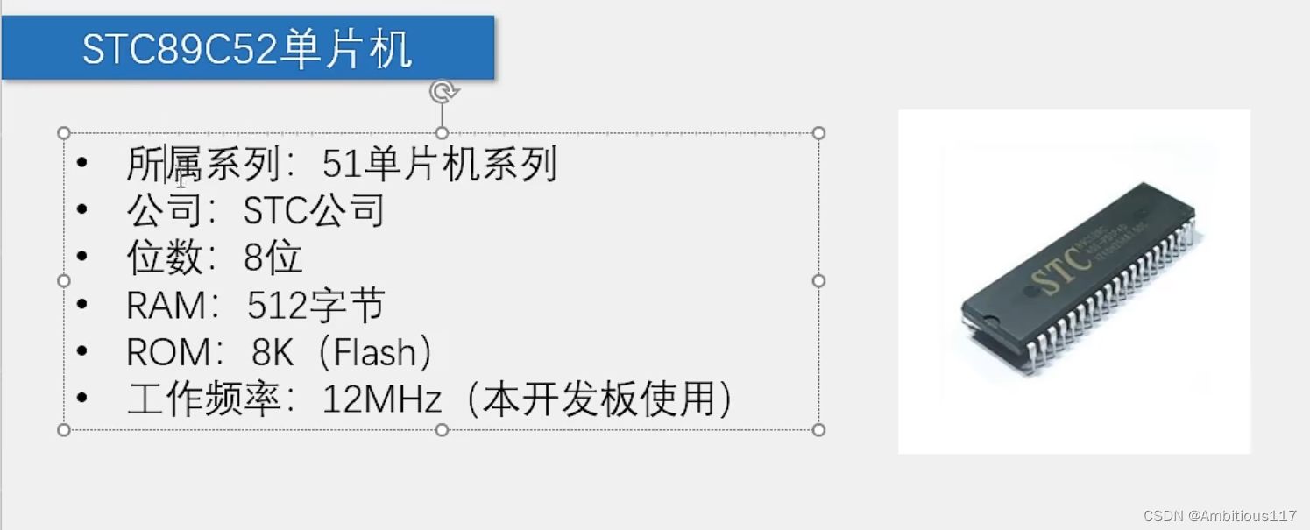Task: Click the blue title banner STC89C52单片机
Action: pyautogui.click(x=248, y=48)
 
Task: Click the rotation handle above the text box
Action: pyautogui.click(x=443, y=91)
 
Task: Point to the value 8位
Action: pyautogui.click(x=274, y=258)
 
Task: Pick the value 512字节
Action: pyautogui.click(x=315, y=306)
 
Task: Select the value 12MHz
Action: pyautogui.click(x=382, y=399)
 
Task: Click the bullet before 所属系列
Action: pyautogui.click(x=82, y=163)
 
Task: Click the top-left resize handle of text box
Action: pyautogui.click(x=64, y=133)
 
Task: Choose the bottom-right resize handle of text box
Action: pyautogui.click(x=818, y=429)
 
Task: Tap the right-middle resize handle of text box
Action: pyautogui.click(x=818, y=281)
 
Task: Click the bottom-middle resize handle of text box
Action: pyautogui.click(x=442, y=429)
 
